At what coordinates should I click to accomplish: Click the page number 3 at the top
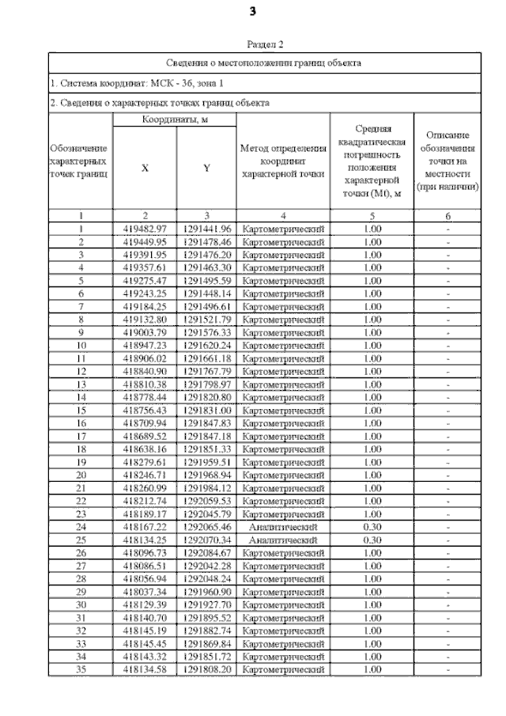point(252,11)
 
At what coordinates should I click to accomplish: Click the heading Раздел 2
point(265,44)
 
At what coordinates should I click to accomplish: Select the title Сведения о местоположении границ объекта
point(265,62)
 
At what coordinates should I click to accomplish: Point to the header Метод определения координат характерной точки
point(282,161)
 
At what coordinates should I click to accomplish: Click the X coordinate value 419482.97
point(144,229)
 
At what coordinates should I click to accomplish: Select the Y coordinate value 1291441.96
point(206,229)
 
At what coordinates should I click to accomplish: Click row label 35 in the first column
point(81,669)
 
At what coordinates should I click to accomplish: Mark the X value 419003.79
point(144,331)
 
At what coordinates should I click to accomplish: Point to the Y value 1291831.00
point(206,410)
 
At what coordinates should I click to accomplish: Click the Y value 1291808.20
point(206,669)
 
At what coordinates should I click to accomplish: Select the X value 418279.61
point(144,461)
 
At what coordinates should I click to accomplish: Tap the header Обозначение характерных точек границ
point(81,161)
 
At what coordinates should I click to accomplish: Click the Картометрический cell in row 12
point(282,370)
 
